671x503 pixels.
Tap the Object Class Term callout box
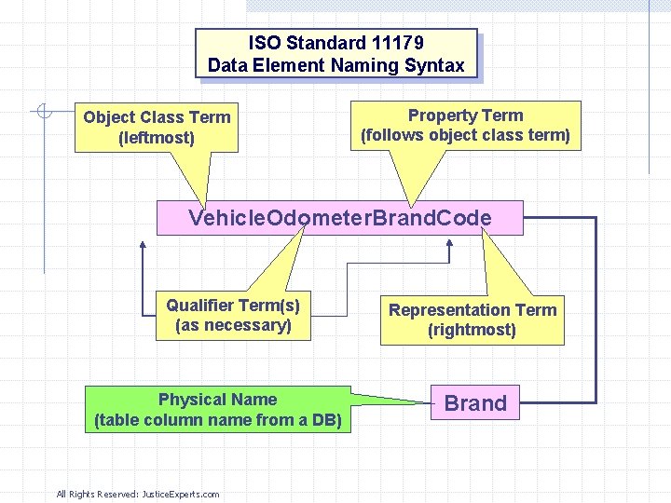[156, 128]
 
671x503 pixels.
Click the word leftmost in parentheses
[157, 138]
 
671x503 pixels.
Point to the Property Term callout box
[466, 125]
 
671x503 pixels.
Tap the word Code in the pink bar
[463, 218]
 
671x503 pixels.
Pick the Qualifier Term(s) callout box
[233, 315]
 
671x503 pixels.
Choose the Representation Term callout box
[472, 319]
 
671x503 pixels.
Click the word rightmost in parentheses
[472, 330]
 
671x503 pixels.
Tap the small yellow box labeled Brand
[475, 403]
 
